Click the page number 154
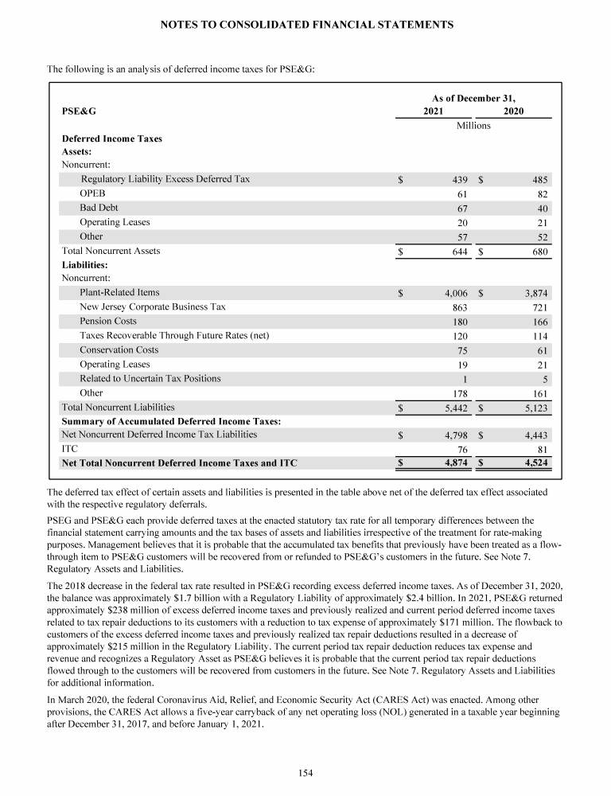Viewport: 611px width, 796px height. pos(305,771)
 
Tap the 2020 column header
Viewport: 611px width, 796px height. pos(514,111)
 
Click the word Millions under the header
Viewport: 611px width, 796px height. pos(473,125)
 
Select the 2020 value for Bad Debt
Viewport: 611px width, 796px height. pos(541,209)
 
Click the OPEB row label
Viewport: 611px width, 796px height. pos(92,193)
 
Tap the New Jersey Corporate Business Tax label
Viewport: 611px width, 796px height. pos(153,306)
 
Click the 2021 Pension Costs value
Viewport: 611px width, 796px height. pos(458,322)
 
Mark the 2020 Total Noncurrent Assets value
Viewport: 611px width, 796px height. pos(539,252)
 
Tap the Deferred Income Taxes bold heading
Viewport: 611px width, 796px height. pos(111,139)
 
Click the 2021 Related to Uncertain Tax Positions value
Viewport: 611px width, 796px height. pos(464,379)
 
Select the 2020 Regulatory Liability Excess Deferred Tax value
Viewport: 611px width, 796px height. pos(539,180)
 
